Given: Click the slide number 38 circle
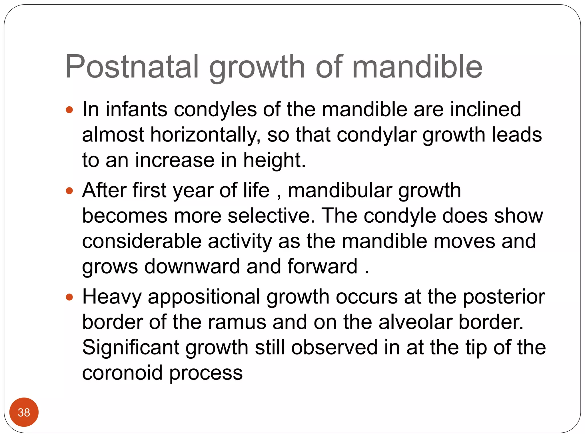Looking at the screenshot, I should (x=24, y=412).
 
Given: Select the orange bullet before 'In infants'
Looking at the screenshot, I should (x=69, y=110).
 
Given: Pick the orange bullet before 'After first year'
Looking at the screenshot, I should (x=69, y=191).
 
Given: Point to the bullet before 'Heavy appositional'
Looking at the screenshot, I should (x=69, y=297).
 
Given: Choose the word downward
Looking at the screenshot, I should (x=192, y=266).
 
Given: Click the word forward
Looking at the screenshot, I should (x=322, y=266).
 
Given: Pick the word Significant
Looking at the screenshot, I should (x=130, y=348).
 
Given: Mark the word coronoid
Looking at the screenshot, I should (x=122, y=373).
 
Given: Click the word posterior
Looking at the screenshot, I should (x=504, y=297).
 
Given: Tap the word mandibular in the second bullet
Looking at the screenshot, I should (x=340, y=190).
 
